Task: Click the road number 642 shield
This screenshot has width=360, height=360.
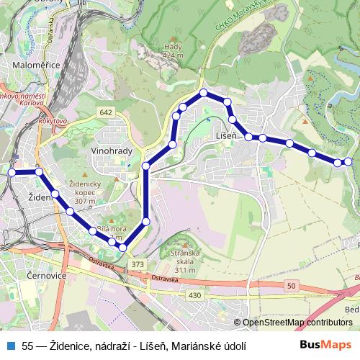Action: (107, 112)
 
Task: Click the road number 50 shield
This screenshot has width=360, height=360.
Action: (291, 287)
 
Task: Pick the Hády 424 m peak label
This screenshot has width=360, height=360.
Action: (173, 50)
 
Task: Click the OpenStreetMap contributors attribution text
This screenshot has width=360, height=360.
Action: (297, 323)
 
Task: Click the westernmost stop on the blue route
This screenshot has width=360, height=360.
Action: (12, 172)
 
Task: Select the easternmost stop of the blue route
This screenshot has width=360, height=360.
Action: (348, 161)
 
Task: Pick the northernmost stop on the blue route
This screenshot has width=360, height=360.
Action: (204, 93)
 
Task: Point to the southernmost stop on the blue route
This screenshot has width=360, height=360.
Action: (122, 248)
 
